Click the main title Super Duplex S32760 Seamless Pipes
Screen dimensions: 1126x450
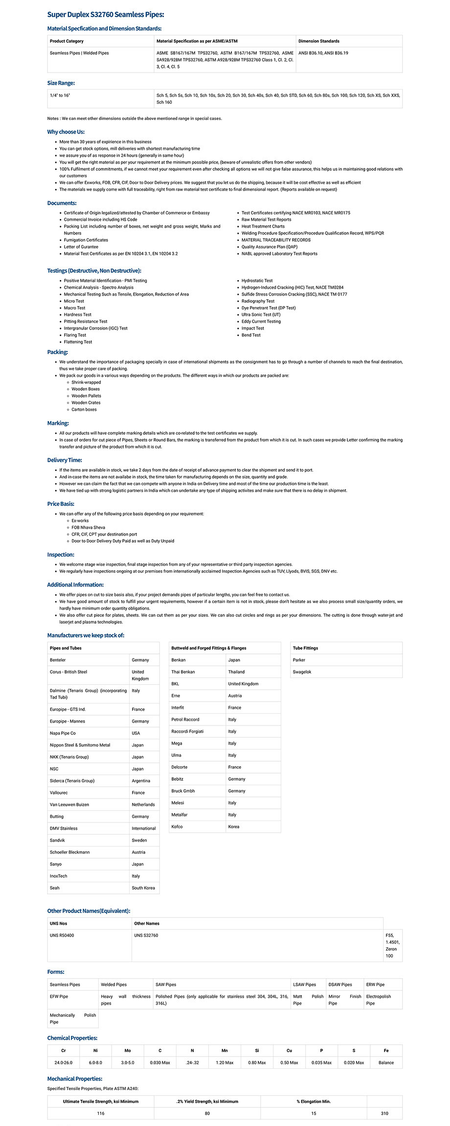coord(106,15)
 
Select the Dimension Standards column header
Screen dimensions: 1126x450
coord(318,41)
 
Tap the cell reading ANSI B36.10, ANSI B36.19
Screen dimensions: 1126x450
coord(323,53)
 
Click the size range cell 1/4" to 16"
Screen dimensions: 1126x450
coord(60,95)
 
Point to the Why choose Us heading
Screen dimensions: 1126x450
coord(66,132)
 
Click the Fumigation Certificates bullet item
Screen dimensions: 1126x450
coord(86,240)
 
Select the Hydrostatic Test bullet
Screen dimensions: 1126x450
coord(257,281)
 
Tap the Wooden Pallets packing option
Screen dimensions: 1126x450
coord(86,396)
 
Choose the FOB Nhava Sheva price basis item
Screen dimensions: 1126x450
coord(88,527)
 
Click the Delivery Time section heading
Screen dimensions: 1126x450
coord(65,460)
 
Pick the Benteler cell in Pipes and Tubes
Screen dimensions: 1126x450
coord(58,660)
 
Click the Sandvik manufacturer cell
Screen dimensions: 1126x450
coord(57,840)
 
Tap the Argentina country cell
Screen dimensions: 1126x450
coord(141,781)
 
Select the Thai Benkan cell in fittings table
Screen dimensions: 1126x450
coord(183,672)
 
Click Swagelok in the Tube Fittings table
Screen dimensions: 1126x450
coord(302,672)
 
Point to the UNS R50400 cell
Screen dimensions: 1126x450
coord(62,935)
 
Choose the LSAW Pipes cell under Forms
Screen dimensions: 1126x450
coord(304,985)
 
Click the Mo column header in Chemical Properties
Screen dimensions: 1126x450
coord(128,1051)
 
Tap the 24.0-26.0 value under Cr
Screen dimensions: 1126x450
coord(63,1063)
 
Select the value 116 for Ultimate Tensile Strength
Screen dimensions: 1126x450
coord(101,1113)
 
